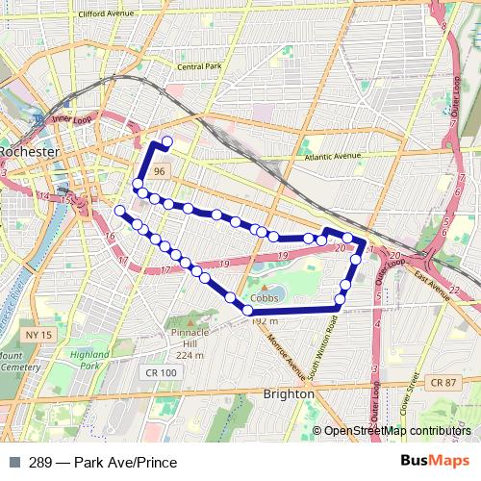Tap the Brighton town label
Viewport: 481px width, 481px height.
[x=289, y=394]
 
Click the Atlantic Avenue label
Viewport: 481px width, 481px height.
[x=331, y=156]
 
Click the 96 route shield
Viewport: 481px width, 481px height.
[x=162, y=170]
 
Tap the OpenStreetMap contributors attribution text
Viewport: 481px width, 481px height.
[x=396, y=430]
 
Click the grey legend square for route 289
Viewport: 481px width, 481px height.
[x=13, y=462]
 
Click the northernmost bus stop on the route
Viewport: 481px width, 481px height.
[x=167, y=142]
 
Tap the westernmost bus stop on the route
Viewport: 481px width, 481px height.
[x=119, y=210]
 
